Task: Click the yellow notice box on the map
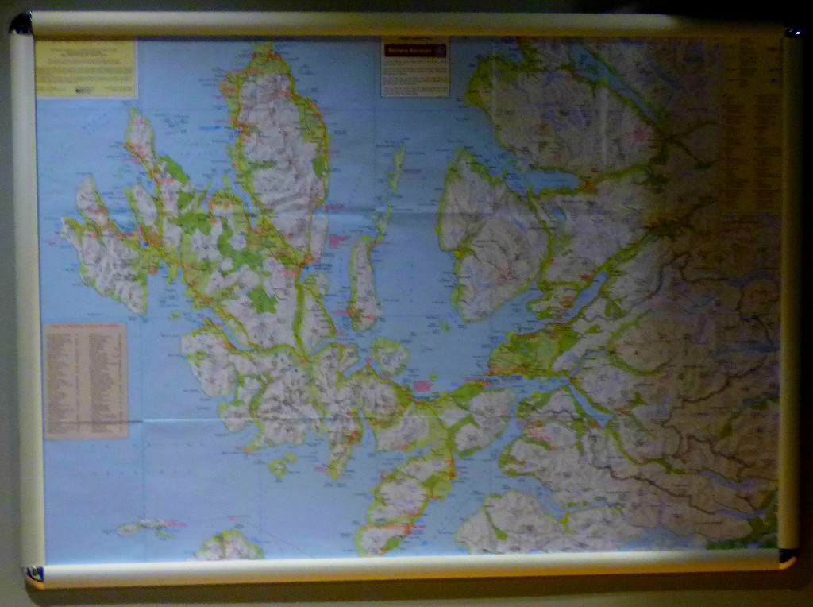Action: [x=86, y=69]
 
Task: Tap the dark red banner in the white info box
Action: [x=415, y=50]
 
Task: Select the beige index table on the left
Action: [x=86, y=380]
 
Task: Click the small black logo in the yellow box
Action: [x=84, y=90]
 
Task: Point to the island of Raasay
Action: [x=364, y=282]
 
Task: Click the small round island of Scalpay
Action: [x=390, y=357]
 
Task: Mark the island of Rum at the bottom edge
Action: [x=228, y=546]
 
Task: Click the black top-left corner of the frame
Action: [x=21, y=25]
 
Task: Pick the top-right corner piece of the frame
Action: [x=791, y=31]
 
